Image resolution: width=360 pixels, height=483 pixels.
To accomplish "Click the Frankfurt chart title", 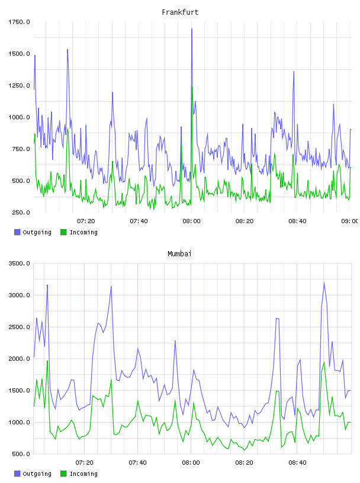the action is tap(180, 12).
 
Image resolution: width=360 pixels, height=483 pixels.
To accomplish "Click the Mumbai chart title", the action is tap(179, 253).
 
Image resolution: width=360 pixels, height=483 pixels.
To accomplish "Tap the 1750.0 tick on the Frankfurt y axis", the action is tap(19, 22).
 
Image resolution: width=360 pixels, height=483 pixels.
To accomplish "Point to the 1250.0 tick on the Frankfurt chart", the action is tap(19, 85).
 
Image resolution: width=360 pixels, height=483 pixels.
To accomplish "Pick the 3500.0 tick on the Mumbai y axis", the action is tap(19, 263).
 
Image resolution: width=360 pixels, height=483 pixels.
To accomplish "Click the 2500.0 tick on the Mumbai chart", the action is tap(19, 327).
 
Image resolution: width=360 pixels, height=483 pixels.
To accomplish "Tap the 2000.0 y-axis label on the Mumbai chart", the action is tap(19, 359).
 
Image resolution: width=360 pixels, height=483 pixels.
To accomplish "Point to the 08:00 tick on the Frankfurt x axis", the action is tap(191, 221).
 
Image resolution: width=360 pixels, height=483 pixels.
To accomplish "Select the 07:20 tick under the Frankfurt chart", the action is tap(86, 221).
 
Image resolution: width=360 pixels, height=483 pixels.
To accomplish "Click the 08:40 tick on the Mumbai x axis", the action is tap(297, 462).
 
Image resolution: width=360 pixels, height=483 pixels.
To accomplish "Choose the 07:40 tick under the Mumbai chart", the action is tap(137, 462).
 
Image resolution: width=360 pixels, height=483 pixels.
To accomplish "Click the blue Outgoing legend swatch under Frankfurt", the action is tap(17, 232).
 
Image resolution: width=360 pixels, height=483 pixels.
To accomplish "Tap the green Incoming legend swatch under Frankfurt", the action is tap(63, 232).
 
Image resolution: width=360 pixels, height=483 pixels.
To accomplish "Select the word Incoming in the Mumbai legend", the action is tap(83, 474).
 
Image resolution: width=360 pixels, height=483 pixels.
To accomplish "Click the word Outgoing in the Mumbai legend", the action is tap(37, 474).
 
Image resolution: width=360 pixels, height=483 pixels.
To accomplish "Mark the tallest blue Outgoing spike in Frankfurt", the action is tap(192, 29).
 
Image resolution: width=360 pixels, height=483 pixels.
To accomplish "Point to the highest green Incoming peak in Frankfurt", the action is tap(192, 87).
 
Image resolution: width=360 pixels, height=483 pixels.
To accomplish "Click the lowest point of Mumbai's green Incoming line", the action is tap(244, 450).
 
